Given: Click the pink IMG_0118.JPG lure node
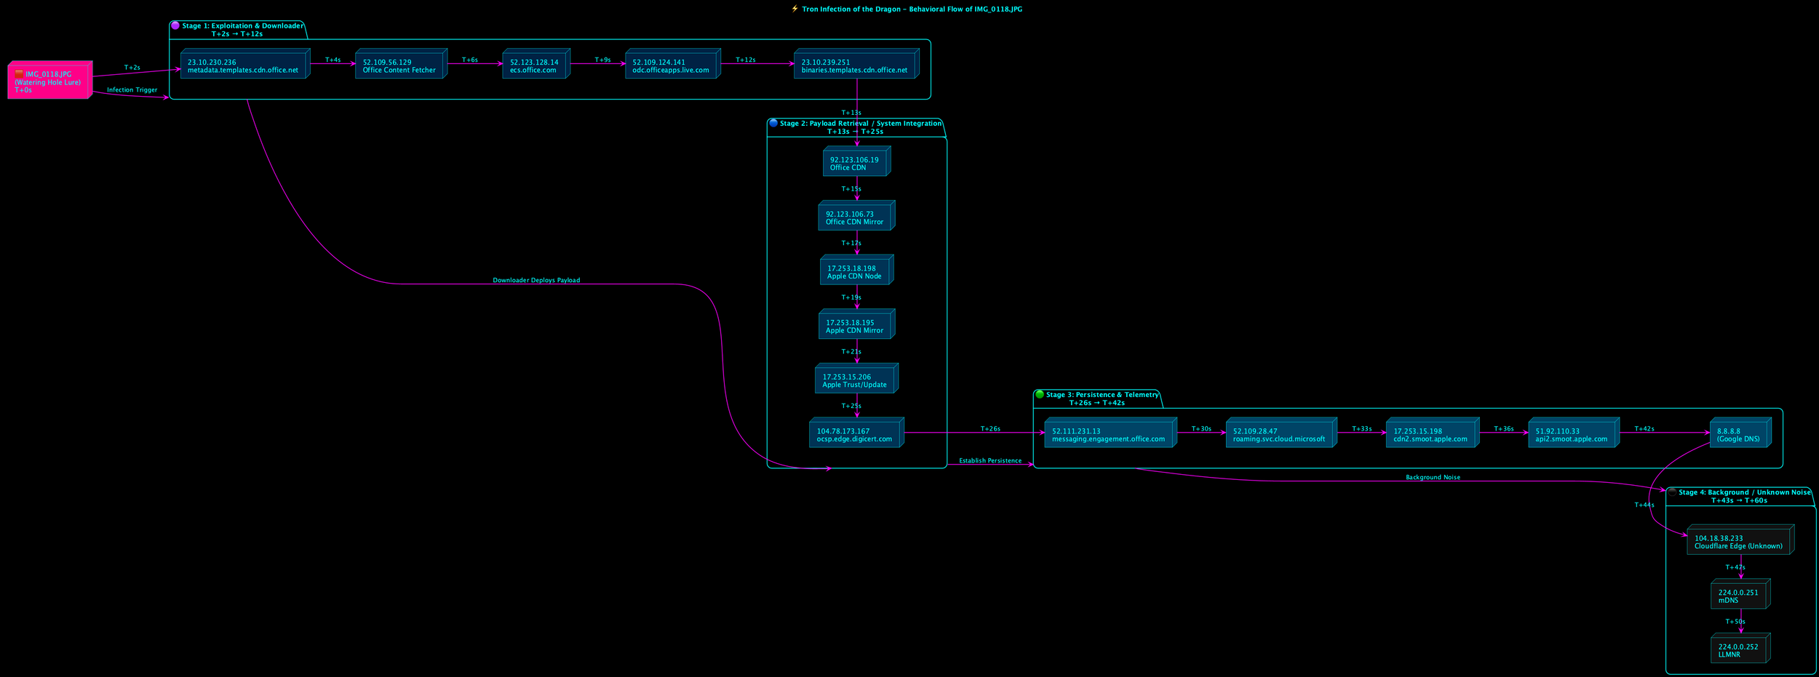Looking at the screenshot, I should click(x=49, y=81).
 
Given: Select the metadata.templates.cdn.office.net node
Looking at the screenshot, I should click(x=244, y=65).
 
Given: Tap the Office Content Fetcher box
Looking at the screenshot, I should click(x=399, y=65).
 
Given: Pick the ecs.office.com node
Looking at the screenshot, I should click(x=535, y=65).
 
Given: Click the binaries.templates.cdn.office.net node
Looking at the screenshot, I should click(x=855, y=65).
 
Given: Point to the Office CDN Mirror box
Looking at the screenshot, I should click(x=855, y=217).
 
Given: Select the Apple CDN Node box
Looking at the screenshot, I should click(x=855, y=271).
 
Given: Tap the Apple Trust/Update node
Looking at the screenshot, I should click(x=855, y=380).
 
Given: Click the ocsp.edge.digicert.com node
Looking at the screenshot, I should click(x=855, y=434).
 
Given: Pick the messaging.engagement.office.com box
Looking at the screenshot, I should click(x=1109, y=434).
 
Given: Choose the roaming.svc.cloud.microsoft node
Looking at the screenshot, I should click(x=1280, y=434).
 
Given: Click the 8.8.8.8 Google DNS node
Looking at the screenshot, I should click(x=1738, y=434).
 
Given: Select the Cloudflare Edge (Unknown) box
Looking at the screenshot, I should click(x=1739, y=541).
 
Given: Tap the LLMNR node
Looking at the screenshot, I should click(x=1739, y=649).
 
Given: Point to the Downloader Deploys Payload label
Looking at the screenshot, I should click(x=536, y=280).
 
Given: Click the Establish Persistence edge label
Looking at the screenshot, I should click(x=990, y=460).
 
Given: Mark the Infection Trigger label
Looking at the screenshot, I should click(x=132, y=90).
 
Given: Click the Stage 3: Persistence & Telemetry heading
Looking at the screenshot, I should click(x=1102, y=395).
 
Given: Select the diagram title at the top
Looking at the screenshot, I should click(x=911, y=9).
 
